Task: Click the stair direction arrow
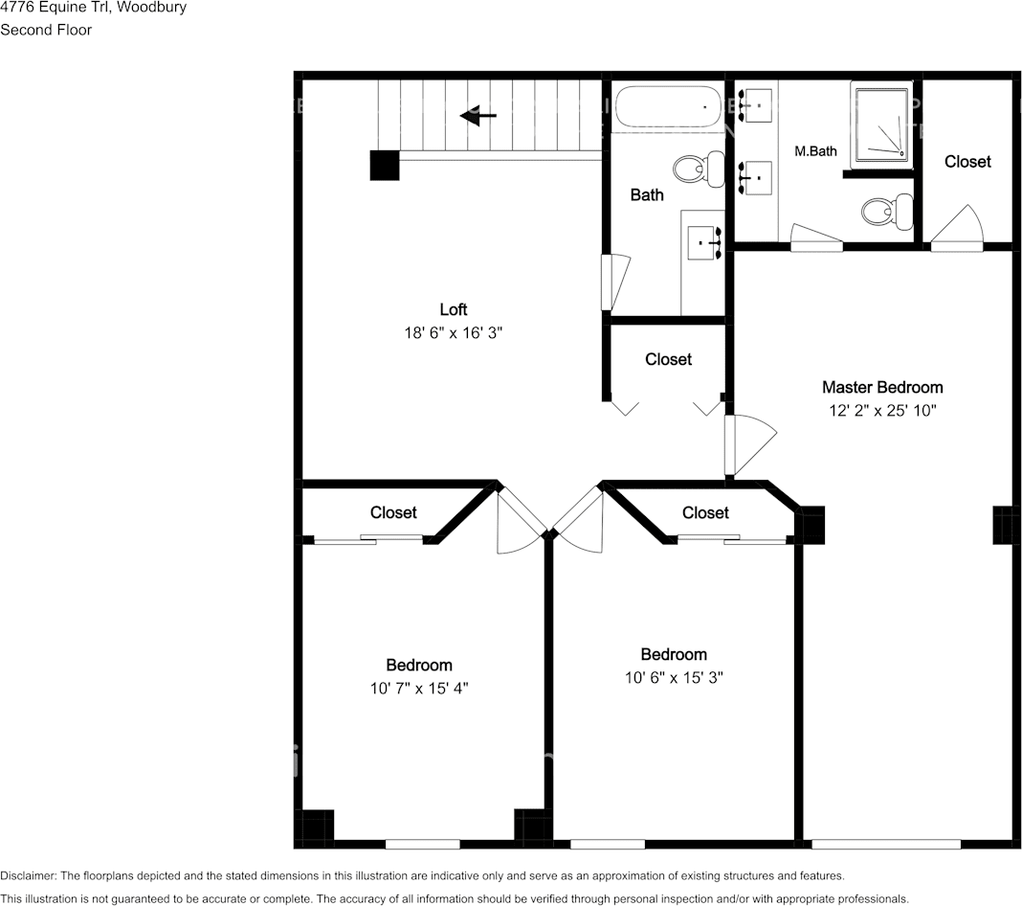point(478,116)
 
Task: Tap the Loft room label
point(453,309)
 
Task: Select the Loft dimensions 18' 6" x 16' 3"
point(453,332)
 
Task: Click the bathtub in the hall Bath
point(667,107)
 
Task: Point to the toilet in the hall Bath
point(699,169)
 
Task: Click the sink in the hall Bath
point(704,242)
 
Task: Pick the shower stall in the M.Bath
point(880,125)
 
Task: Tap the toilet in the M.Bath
point(887,211)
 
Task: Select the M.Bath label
point(815,151)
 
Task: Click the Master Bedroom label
point(882,388)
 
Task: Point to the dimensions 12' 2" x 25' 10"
point(882,410)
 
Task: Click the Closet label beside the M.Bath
point(967,162)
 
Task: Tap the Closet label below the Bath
point(668,359)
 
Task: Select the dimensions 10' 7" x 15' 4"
point(419,689)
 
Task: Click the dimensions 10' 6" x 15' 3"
point(674,678)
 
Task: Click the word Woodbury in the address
point(151,7)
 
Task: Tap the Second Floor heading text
point(46,30)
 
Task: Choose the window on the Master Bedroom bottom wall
point(886,844)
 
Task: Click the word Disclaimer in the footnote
point(28,876)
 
